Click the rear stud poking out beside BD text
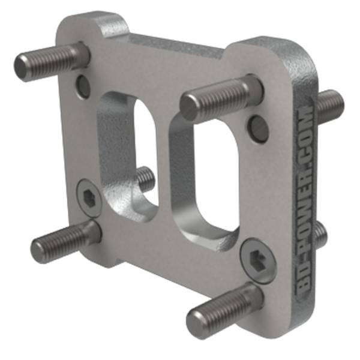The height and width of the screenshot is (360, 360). pyautogui.click(x=321, y=234)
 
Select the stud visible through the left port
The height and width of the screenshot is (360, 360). pyautogui.click(x=144, y=179)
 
